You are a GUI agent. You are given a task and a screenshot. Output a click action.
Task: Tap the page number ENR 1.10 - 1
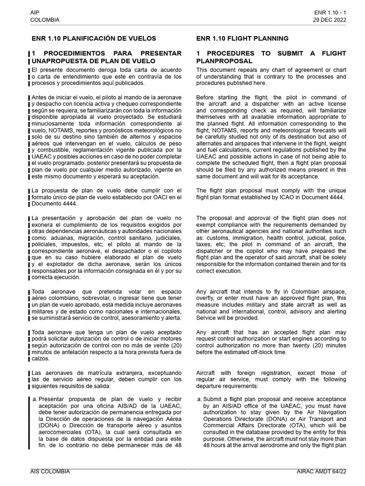click(330, 12)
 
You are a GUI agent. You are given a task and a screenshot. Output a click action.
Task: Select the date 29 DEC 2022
click(329, 20)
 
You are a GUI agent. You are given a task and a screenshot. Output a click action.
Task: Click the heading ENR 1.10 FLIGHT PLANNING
click(242, 38)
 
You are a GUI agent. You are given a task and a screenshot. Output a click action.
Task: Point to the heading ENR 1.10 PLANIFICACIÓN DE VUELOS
click(94, 38)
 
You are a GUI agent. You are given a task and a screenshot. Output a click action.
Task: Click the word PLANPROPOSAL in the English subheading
click(224, 61)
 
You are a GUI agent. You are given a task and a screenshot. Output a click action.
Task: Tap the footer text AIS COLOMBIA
click(50, 472)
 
